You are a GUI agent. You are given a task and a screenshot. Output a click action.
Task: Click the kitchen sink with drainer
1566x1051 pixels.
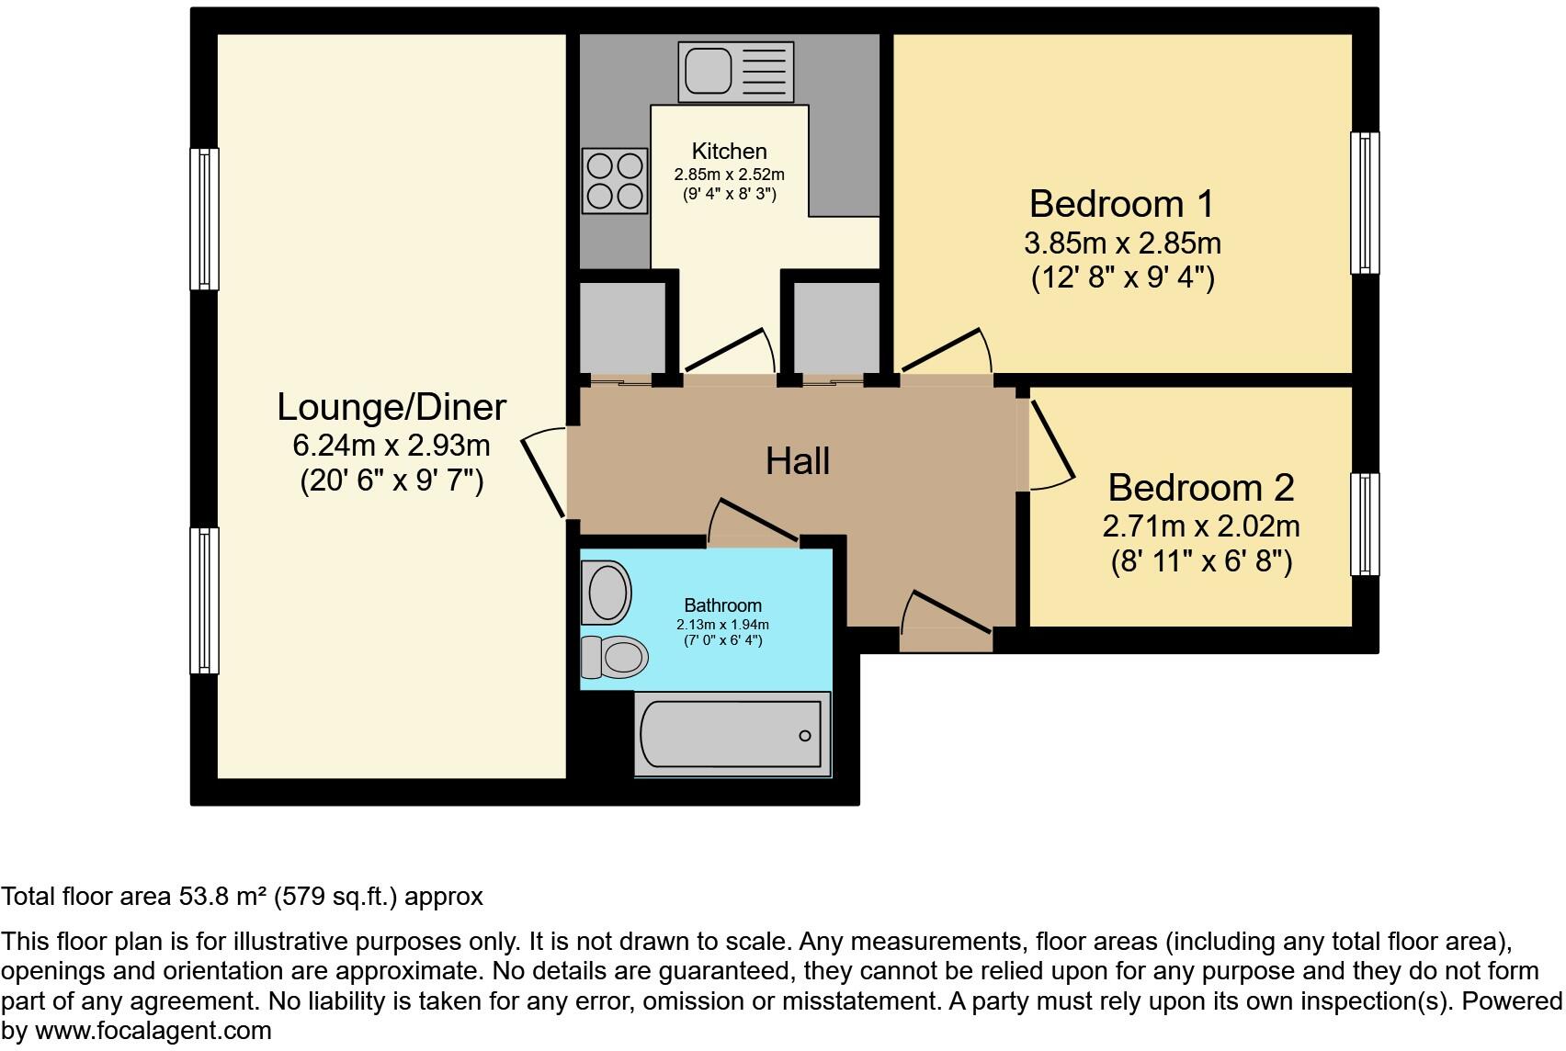(735, 71)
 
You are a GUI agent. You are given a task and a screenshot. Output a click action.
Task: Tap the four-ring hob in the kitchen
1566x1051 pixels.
(615, 181)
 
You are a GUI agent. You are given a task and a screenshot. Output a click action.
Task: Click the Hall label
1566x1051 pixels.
(798, 461)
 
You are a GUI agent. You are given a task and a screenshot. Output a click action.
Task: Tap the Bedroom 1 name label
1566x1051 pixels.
(1121, 204)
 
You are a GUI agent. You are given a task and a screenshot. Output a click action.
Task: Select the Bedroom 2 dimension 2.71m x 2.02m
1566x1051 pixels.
(1200, 526)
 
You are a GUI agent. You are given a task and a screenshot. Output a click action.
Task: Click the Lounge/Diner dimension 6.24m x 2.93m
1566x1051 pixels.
(391, 446)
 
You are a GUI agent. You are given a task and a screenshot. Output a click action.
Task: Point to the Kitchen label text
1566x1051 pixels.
(729, 152)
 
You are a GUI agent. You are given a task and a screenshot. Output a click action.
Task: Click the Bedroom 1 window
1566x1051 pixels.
(1365, 203)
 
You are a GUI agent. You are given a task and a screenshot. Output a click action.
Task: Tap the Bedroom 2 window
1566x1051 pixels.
(1365, 524)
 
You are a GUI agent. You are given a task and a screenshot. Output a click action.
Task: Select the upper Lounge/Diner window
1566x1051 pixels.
(204, 219)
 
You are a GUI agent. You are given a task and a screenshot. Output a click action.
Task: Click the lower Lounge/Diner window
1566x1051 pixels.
(204, 600)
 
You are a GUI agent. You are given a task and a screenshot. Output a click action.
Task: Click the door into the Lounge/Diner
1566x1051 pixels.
(544, 475)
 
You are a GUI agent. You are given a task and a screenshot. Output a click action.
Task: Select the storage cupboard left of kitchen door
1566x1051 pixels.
(622, 327)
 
